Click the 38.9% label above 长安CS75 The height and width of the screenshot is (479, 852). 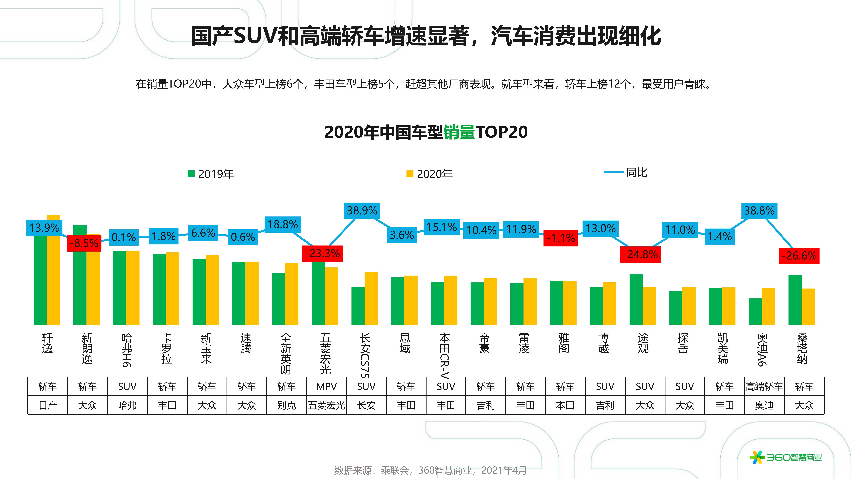click(362, 211)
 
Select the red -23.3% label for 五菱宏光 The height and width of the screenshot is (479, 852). click(322, 254)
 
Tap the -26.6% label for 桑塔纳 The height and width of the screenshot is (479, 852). click(799, 256)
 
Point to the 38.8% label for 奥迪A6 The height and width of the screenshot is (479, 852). click(759, 211)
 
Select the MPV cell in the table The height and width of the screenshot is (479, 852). click(326, 386)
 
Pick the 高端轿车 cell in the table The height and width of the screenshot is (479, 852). click(764, 386)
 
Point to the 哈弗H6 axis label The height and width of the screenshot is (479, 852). click(127, 350)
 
